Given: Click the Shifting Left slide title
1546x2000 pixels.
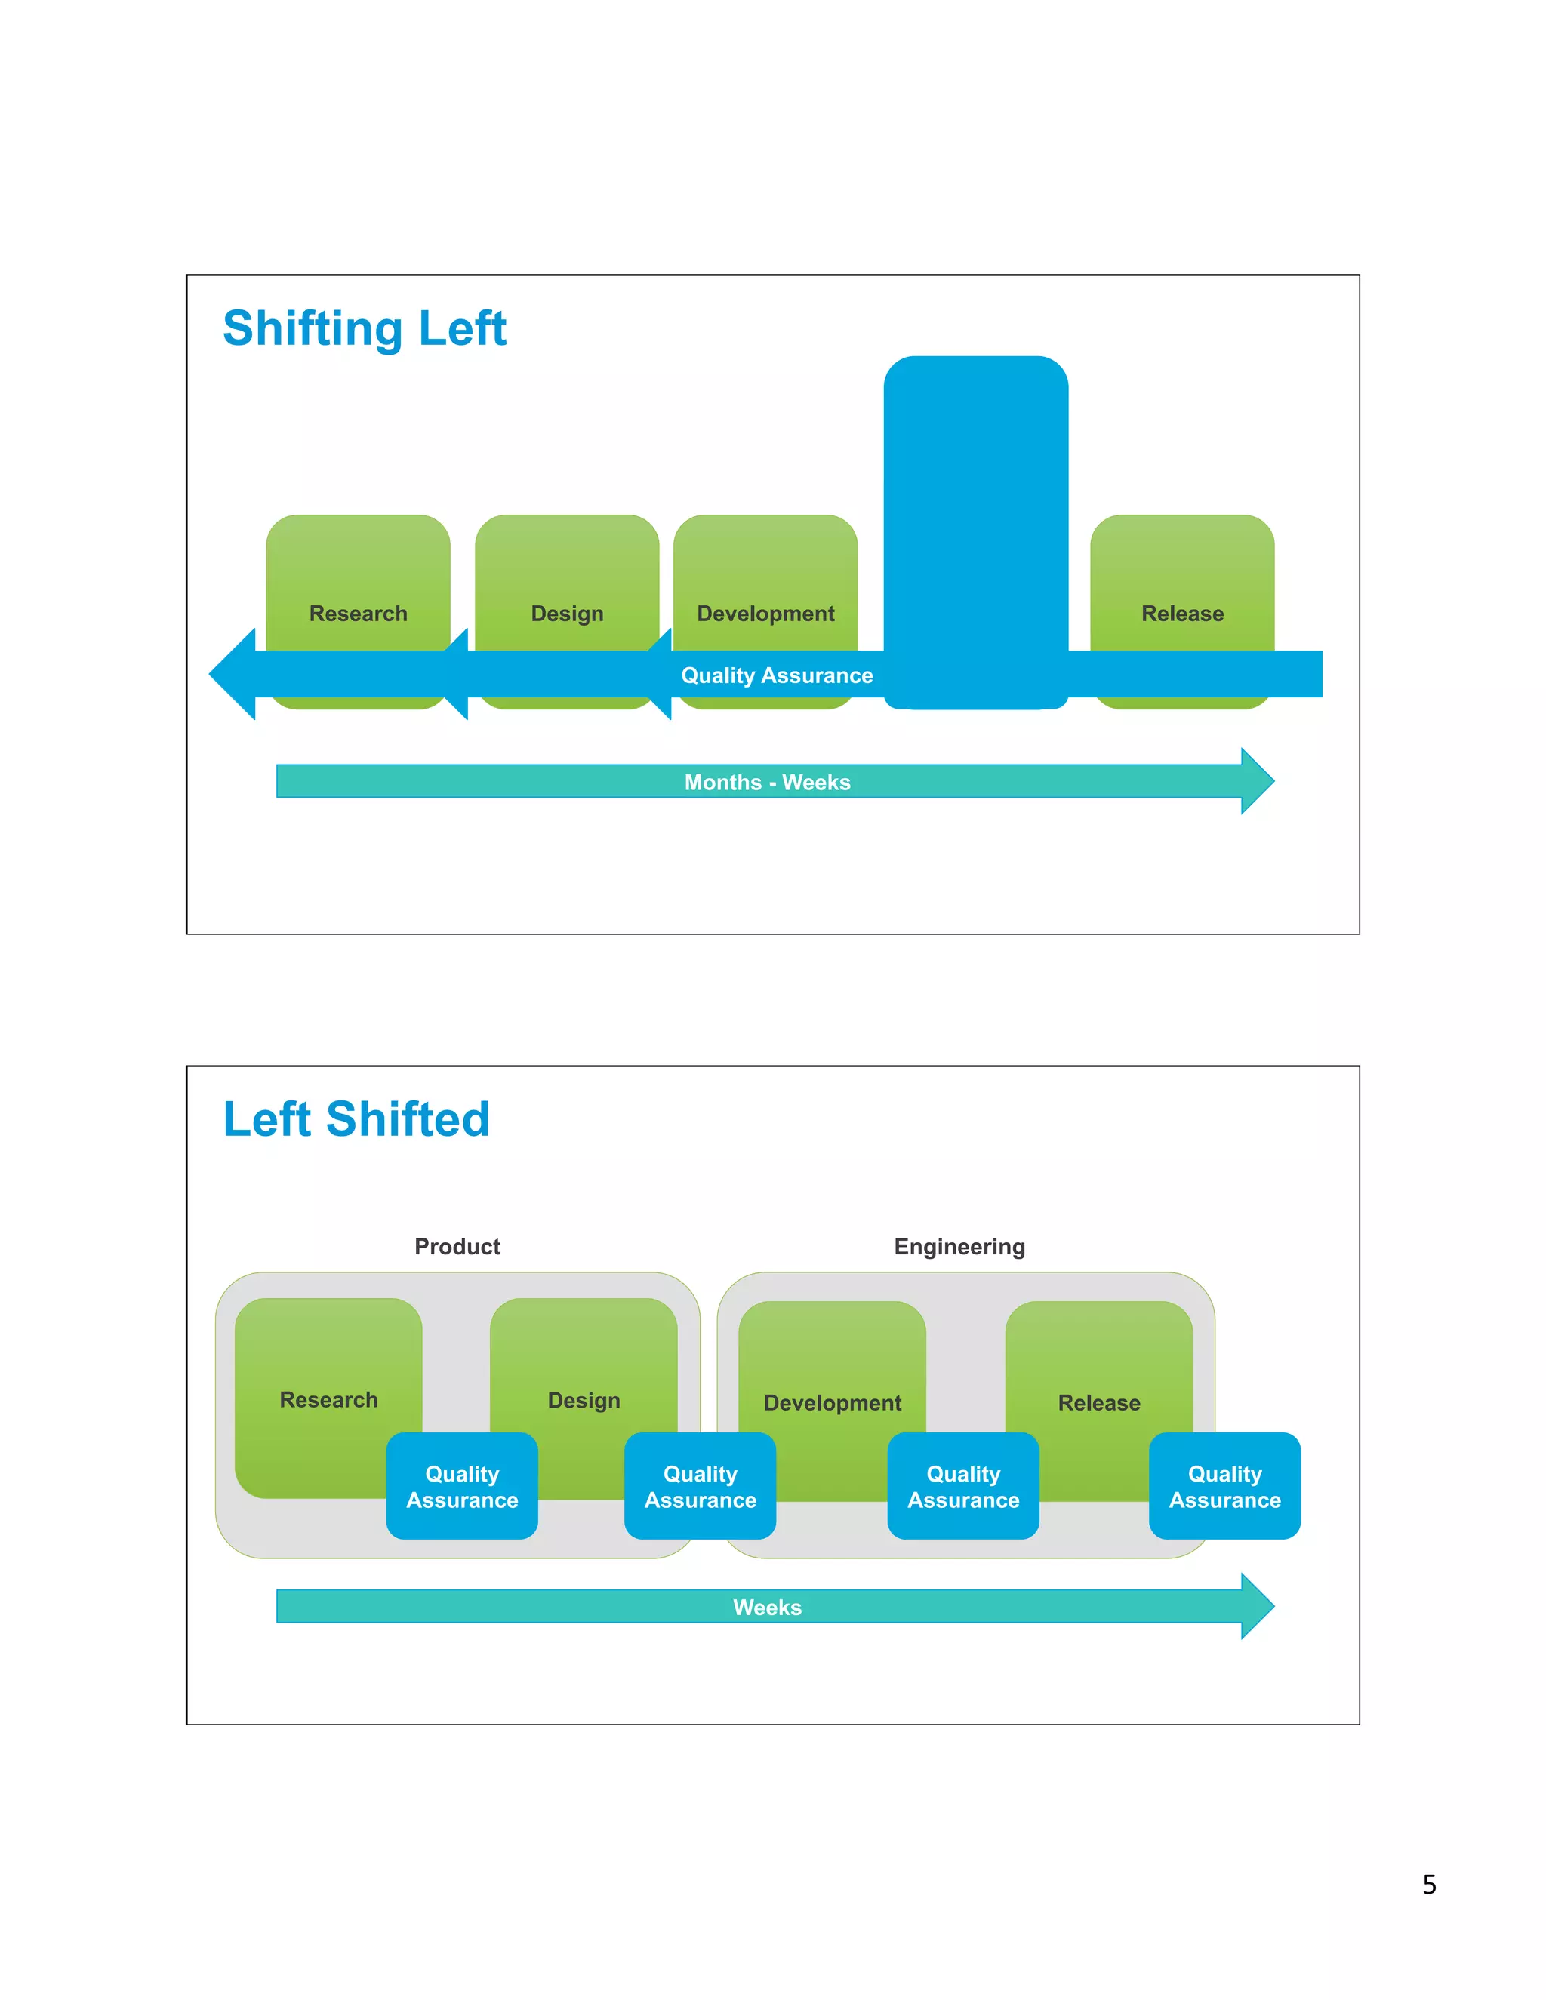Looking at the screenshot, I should pyautogui.click(x=364, y=329).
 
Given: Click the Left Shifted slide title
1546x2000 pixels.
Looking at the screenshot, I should pyautogui.click(x=356, y=1119).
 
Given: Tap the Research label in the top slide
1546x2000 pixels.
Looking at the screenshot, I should pyautogui.click(x=358, y=614).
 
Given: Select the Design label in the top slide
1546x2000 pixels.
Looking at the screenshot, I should pyautogui.click(x=567, y=614).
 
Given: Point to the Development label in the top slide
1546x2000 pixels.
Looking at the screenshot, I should pyautogui.click(x=765, y=614).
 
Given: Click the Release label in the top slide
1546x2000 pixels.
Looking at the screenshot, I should pyautogui.click(x=1181, y=614).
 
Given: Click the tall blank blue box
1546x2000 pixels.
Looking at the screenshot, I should pyautogui.click(x=975, y=512).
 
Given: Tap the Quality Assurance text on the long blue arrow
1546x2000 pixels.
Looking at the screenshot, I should pyautogui.click(x=777, y=675).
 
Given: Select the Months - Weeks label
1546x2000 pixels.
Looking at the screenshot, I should pyautogui.click(x=768, y=782).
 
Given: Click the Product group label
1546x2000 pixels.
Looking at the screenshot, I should pyautogui.click(x=457, y=1246).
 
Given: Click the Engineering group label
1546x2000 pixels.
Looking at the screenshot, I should pyautogui.click(x=959, y=1246).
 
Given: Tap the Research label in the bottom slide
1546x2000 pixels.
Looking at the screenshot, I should pyautogui.click(x=328, y=1400).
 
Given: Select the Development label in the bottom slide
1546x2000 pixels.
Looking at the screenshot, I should pyautogui.click(x=832, y=1403).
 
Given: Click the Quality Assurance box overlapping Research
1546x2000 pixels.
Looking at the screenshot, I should pyautogui.click(x=461, y=1486).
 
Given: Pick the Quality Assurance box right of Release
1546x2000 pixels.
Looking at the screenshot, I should pyautogui.click(x=1224, y=1486).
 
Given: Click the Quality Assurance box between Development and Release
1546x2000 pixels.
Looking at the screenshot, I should pyautogui.click(x=962, y=1486).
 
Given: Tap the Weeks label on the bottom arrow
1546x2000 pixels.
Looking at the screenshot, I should pyautogui.click(x=768, y=1607).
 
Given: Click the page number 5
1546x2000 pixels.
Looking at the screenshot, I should pyautogui.click(x=1429, y=1884).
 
